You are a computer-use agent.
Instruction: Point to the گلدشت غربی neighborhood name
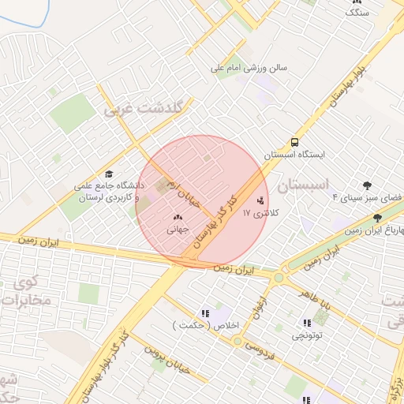coord(143,109)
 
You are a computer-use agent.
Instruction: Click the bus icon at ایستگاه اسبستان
coord(294,143)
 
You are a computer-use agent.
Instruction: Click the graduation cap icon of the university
coord(109,174)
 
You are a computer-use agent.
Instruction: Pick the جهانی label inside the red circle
coord(177,230)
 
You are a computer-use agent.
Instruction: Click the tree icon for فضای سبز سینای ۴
coord(366,186)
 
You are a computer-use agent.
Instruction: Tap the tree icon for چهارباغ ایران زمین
coord(377,216)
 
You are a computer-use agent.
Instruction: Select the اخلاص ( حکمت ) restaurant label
coord(205,325)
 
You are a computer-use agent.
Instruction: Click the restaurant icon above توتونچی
coord(306,324)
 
